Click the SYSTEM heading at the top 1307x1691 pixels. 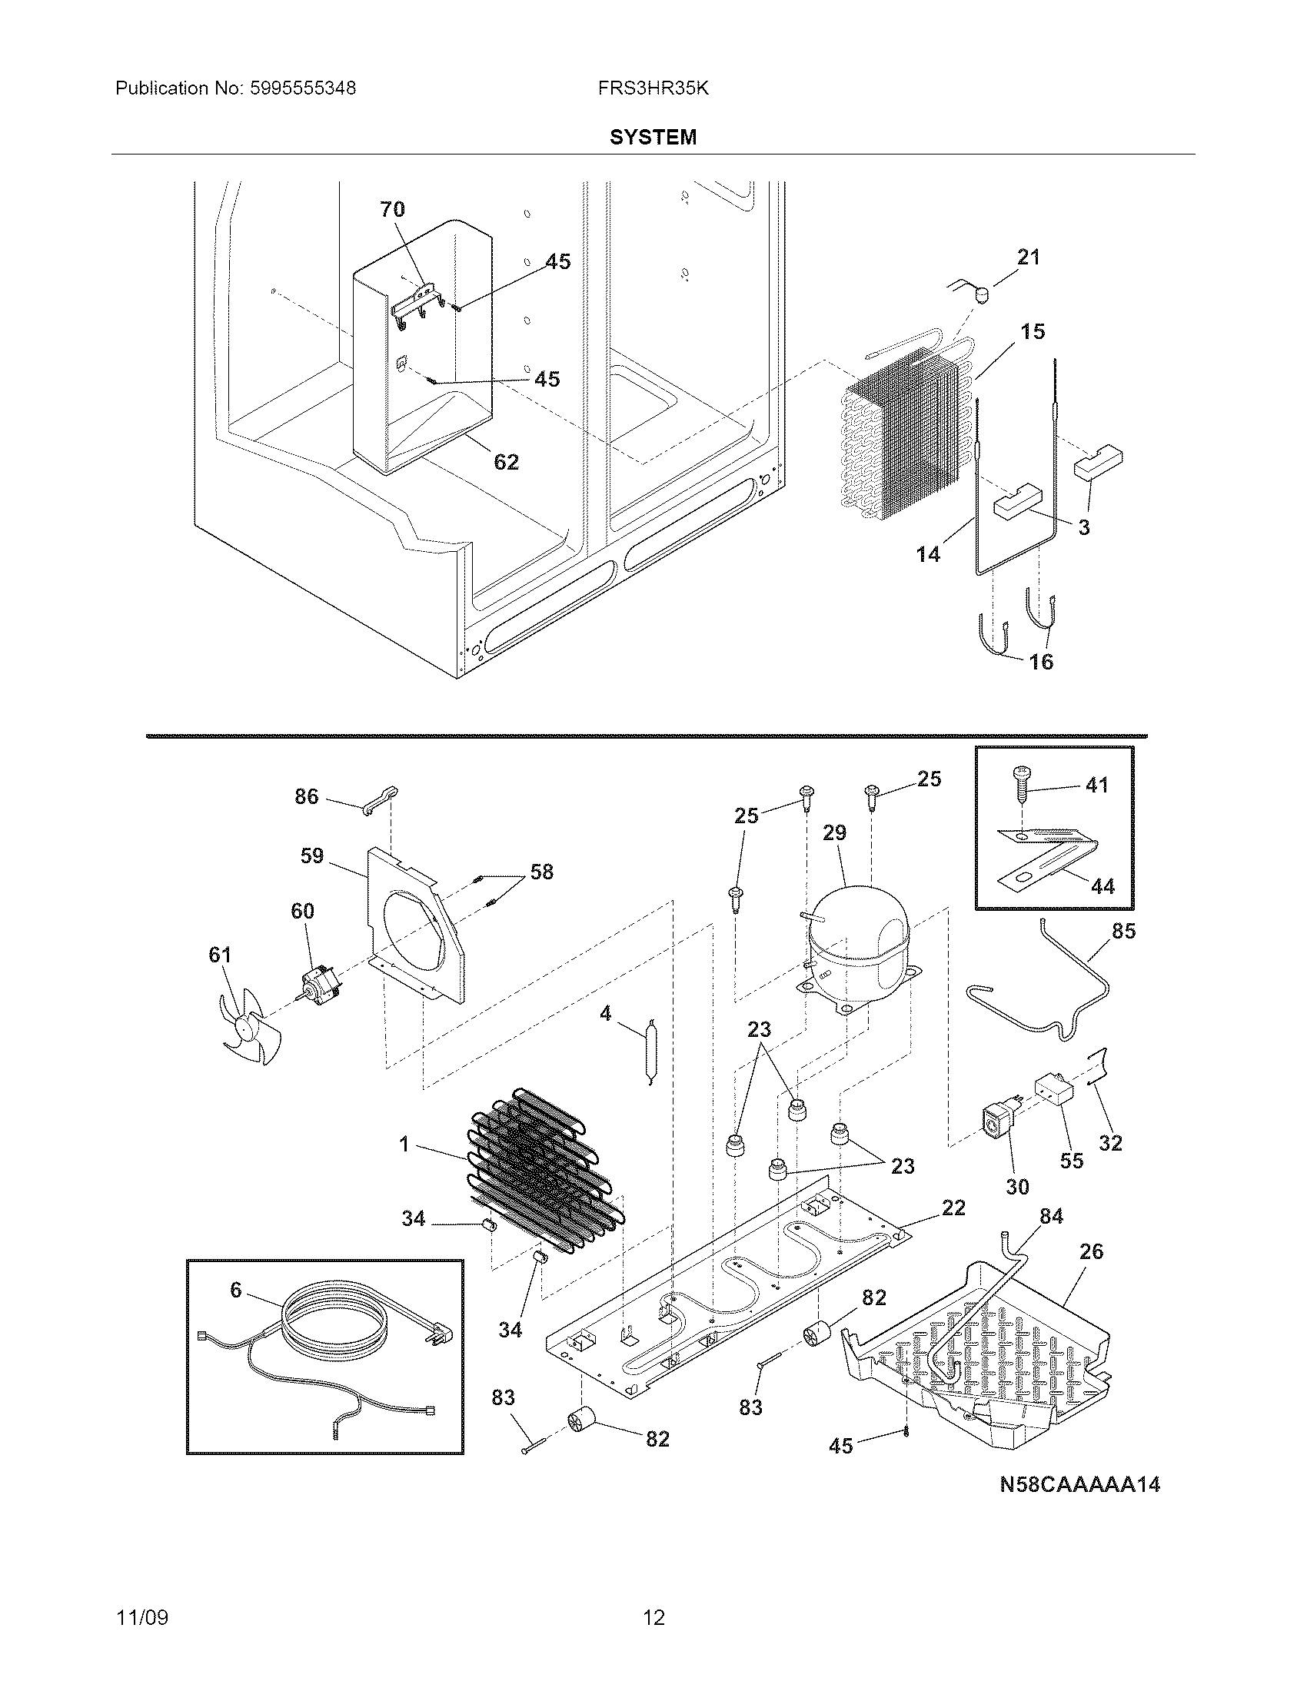[653, 137]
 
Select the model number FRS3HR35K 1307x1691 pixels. [653, 88]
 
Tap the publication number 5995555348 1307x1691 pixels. [303, 88]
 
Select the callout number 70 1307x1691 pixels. [392, 209]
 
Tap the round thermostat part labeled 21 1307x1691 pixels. [981, 294]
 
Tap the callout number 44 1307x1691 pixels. [1102, 885]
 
